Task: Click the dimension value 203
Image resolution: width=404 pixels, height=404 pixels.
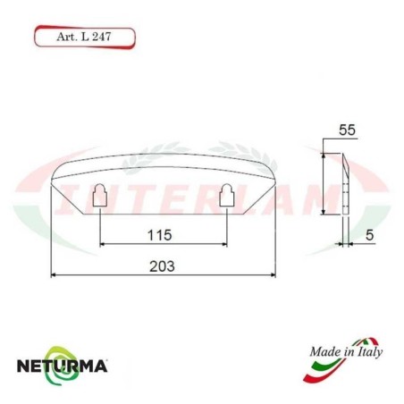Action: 162,266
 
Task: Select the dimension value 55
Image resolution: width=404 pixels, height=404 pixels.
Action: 349,130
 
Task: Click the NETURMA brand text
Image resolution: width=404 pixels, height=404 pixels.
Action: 63,366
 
